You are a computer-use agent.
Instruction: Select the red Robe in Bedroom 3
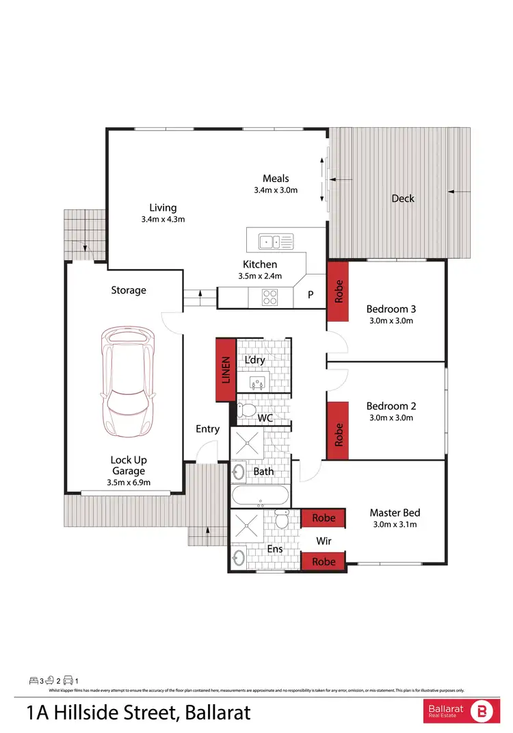coord(338,292)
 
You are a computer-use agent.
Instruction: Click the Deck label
coord(403,198)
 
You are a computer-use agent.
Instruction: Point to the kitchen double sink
coord(275,241)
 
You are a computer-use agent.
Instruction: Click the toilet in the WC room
coord(246,411)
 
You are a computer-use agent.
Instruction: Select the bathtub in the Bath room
coord(261,496)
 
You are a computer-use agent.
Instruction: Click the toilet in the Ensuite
coord(281,522)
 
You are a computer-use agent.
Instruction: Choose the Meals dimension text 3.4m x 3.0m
coord(276,190)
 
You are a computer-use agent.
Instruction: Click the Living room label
coord(163,207)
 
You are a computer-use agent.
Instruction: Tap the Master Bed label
coord(395,513)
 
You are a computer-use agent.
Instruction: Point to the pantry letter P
coord(311,296)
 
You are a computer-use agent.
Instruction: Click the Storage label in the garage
coord(129,290)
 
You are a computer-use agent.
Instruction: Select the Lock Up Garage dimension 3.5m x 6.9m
coord(129,483)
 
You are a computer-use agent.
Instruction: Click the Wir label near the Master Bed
coord(324,541)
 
